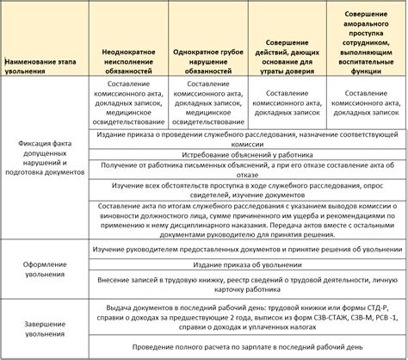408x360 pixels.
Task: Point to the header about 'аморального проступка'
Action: pyautogui.click(x=364, y=44)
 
